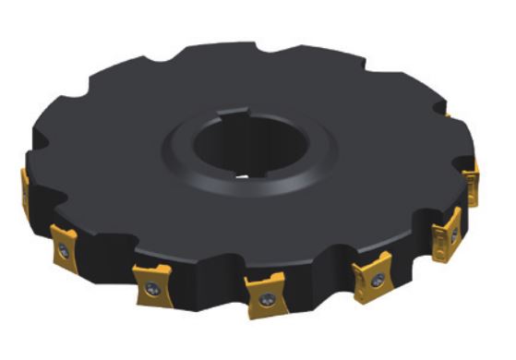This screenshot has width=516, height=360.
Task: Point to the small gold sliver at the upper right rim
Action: coord(448,114)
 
